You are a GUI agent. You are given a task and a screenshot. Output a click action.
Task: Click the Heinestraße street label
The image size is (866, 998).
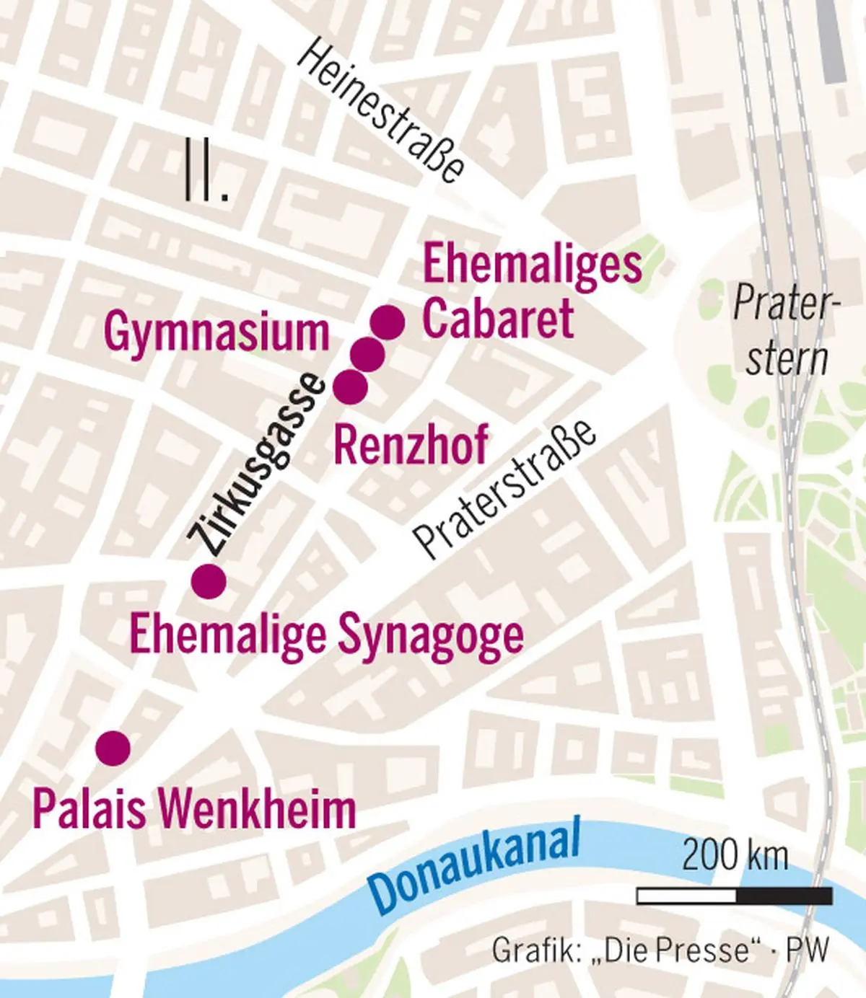point(380,112)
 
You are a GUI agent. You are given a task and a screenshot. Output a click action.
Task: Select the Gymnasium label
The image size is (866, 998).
point(216,332)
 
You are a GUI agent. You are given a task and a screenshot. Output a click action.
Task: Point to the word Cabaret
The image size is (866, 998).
point(498,318)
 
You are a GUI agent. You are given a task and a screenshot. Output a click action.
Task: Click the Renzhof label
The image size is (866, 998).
point(411,444)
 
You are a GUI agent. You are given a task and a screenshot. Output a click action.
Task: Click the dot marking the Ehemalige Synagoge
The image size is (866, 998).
point(209,580)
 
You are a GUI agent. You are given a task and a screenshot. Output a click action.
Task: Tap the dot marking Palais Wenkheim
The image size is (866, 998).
point(113,748)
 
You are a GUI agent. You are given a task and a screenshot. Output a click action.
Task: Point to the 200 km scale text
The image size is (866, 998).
point(735,856)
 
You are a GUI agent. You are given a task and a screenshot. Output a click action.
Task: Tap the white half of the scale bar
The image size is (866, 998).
point(686,896)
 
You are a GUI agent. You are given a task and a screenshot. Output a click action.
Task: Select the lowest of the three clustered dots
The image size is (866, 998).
point(351,387)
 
